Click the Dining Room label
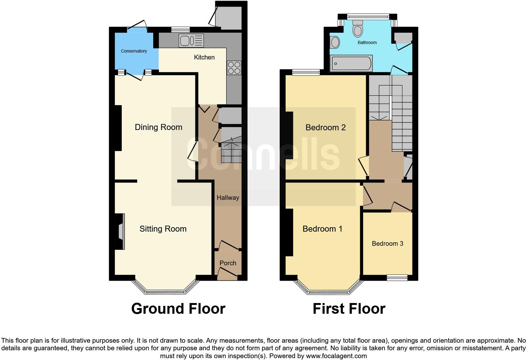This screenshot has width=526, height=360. point(158,127)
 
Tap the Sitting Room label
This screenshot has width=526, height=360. point(163,229)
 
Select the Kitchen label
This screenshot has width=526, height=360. point(204,57)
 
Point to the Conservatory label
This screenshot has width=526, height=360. point(134,51)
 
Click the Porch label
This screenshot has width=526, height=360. point(228,263)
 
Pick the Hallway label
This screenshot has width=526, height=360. point(228,198)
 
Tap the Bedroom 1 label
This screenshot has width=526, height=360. point(322,229)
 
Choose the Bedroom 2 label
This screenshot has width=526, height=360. point(326,127)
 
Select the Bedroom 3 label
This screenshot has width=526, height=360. point(387,244)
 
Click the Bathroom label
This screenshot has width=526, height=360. point(367,42)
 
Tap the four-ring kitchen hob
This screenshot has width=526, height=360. point(234,68)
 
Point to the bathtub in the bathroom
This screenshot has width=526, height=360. point(351,64)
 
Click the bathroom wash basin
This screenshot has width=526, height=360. point(335,42)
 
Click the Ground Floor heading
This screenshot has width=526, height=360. point(178,309)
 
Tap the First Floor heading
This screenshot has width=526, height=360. point(349,309)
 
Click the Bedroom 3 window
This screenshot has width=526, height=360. point(397,277)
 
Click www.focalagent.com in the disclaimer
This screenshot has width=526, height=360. point(336,356)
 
